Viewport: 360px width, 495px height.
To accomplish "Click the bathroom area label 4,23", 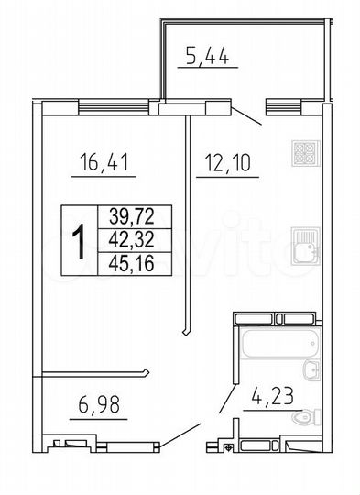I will [x=273, y=396].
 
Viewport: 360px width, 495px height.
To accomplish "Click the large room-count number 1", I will [x=80, y=239].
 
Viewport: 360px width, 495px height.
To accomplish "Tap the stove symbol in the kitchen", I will [x=304, y=152].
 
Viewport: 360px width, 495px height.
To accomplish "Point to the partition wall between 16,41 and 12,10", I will [x=186, y=220].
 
